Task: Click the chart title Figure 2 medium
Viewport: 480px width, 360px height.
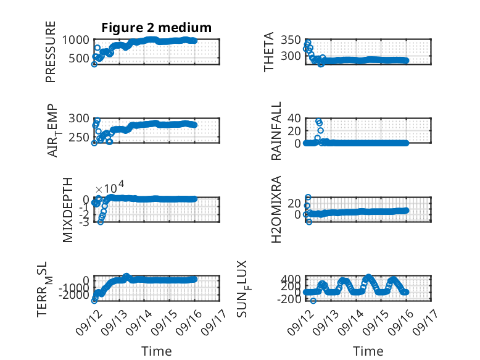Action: tap(157, 28)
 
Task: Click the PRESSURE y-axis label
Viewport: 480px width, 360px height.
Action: tap(51, 52)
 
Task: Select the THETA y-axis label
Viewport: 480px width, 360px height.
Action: tap(268, 52)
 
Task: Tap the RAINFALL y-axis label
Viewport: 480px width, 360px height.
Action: tap(276, 131)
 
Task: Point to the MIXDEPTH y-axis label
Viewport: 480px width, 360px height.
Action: tap(68, 210)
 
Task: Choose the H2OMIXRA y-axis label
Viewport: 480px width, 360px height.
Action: tap(276, 209)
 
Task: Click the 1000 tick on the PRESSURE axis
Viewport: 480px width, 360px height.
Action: tap(76, 40)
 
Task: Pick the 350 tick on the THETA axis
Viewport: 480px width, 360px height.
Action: tap(291, 40)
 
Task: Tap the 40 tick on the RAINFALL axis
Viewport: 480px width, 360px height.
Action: tap(294, 119)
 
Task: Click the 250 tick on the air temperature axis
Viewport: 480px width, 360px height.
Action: tap(79, 138)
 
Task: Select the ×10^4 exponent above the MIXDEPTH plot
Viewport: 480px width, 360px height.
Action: tap(110, 187)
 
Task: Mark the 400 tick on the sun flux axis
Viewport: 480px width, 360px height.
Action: tap(291, 279)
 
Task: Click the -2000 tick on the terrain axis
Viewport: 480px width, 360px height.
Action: tap(74, 295)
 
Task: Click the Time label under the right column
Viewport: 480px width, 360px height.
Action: tap(368, 351)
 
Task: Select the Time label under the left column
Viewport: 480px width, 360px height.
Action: tap(157, 351)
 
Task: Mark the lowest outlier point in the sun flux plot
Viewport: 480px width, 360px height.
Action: tap(313, 301)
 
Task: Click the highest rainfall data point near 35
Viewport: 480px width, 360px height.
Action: tap(318, 121)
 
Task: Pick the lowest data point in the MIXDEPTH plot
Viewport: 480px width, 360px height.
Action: tap(101, 222)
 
